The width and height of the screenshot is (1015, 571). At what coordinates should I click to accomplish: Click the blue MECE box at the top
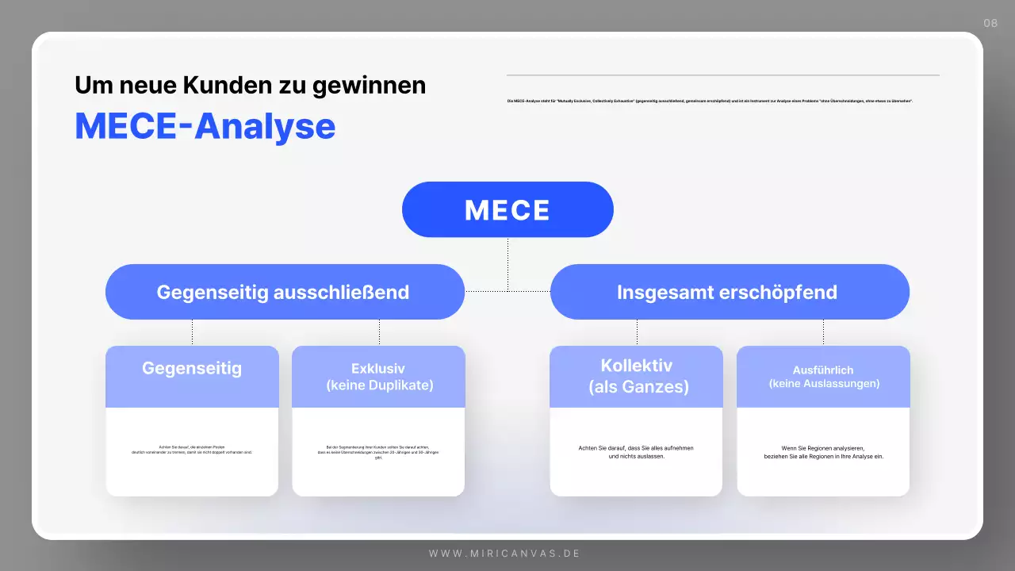pos(507,209)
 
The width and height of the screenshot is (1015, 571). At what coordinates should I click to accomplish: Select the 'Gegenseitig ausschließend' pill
pos(284,292)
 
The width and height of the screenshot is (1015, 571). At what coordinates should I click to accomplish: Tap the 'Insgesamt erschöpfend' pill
pos(728,292)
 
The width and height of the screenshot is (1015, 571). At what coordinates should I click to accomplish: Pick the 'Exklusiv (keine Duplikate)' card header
pos(378,377)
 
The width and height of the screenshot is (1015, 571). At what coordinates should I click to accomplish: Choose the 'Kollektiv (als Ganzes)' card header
pos(636,377)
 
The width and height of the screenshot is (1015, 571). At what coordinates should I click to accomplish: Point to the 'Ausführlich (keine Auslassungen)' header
pos(823,377)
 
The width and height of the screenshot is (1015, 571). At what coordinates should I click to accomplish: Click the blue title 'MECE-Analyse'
pos(205,125)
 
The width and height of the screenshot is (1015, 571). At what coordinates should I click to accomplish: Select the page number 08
pos(990,23)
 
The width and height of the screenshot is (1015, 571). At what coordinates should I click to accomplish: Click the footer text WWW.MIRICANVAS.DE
pos(505,553)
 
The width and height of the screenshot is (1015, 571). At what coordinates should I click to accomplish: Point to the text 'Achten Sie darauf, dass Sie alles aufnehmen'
pos(636,448)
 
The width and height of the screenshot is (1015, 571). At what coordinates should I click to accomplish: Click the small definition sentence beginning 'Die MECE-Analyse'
pos(710,101)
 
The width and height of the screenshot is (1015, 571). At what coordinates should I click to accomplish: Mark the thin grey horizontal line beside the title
pos(722,75)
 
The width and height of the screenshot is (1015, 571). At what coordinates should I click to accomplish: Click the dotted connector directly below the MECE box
pos(507,262)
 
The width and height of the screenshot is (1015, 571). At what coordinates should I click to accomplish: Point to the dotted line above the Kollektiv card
pos(637,332)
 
